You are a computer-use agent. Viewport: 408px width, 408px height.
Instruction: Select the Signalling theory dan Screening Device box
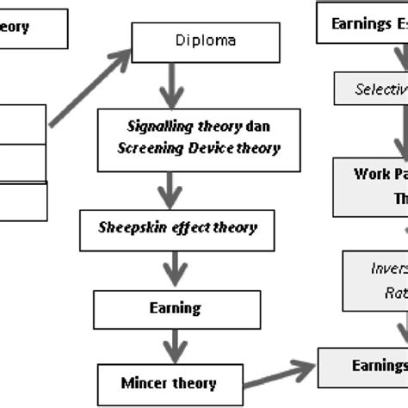tap(190, 137)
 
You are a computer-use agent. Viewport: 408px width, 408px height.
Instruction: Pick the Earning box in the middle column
tap(176, 307)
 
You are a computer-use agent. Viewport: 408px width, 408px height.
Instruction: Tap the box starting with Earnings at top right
tap(362, 24)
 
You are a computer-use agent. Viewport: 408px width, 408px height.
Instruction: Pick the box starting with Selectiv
tap(371, 89)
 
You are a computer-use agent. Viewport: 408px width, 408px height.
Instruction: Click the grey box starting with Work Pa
tap(371, 186)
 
